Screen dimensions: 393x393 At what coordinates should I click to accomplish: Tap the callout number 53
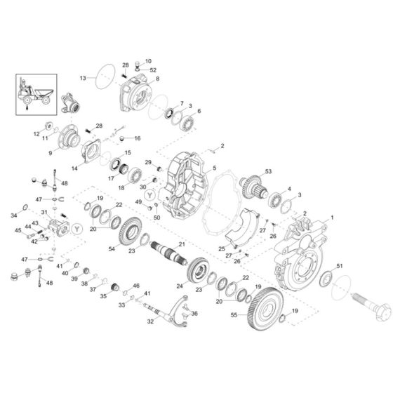point(267,171)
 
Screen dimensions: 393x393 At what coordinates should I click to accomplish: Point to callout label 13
point(83,77)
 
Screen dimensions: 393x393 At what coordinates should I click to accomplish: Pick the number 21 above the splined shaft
point(182,243)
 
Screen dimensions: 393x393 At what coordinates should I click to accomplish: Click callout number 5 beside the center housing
point(213,168)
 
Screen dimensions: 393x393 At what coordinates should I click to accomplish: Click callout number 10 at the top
point(148,61)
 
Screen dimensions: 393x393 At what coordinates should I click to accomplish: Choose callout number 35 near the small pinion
point(103,297)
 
